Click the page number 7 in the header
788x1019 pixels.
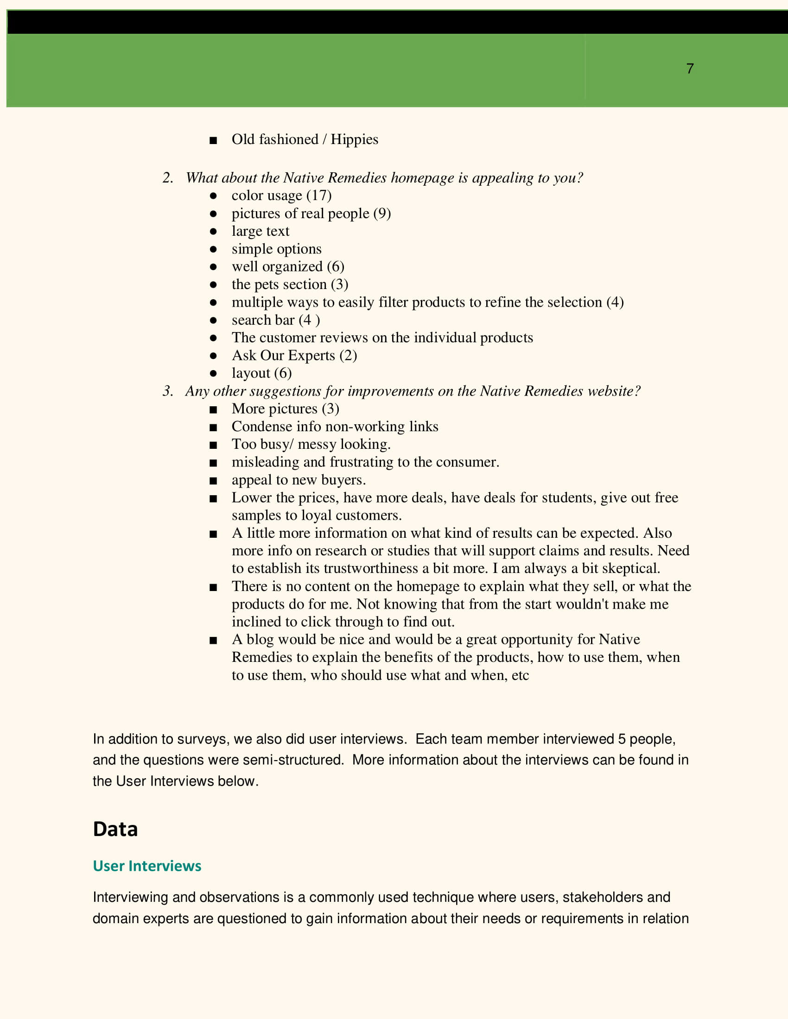click(690, 69)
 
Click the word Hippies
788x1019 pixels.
click(354, 139)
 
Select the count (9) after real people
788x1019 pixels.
click(382, 213)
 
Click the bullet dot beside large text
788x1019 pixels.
click(213, 232)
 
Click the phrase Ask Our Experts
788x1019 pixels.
click(283, 356)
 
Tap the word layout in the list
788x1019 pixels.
click(251, 373)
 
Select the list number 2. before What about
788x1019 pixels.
click(168, 178)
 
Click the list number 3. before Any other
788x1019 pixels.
click(168, 391)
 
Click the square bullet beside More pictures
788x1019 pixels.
click(213, 409)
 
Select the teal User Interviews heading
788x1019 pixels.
click(147, 866)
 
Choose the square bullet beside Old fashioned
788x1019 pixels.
click(213, 140)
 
